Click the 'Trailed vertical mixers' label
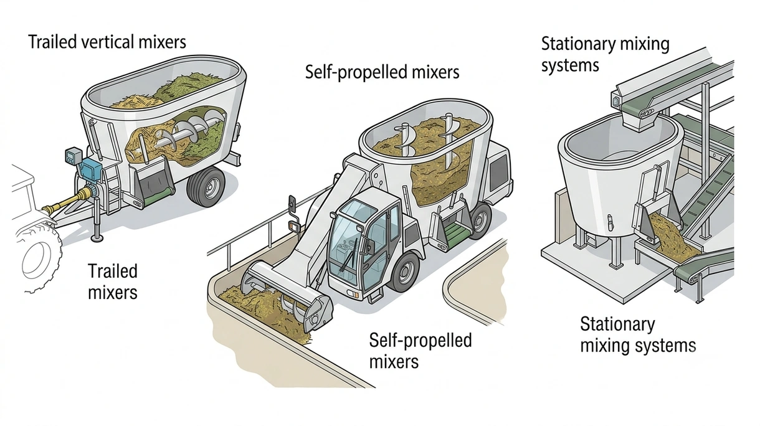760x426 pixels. coord(107,42)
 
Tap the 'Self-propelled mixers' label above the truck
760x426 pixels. coord(382,72)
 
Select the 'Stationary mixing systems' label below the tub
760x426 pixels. coord(638,335)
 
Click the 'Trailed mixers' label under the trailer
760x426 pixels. coord(113,282)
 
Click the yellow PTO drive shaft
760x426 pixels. coord(68,202)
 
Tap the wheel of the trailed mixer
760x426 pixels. coord(206,186)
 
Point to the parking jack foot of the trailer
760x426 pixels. coord(97,239)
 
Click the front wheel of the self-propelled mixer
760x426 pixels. coord(405,272)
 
